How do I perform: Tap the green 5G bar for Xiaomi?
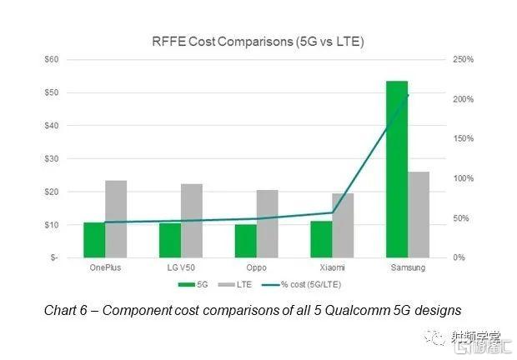click(321, 239)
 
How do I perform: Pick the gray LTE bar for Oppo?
click(267, 223)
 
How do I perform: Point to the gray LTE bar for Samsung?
click(419, 214)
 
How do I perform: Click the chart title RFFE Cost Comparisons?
click(259, 41)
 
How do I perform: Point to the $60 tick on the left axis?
click(53, 59)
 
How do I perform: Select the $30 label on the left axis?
click(53, 158)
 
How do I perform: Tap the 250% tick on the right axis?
click(464, 59)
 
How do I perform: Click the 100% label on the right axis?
click(464, 178)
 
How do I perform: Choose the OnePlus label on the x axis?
click(105, 267)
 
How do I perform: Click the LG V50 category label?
click(181, 267)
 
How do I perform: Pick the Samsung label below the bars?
click(408, 267)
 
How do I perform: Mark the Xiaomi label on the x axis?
click(332, 267)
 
